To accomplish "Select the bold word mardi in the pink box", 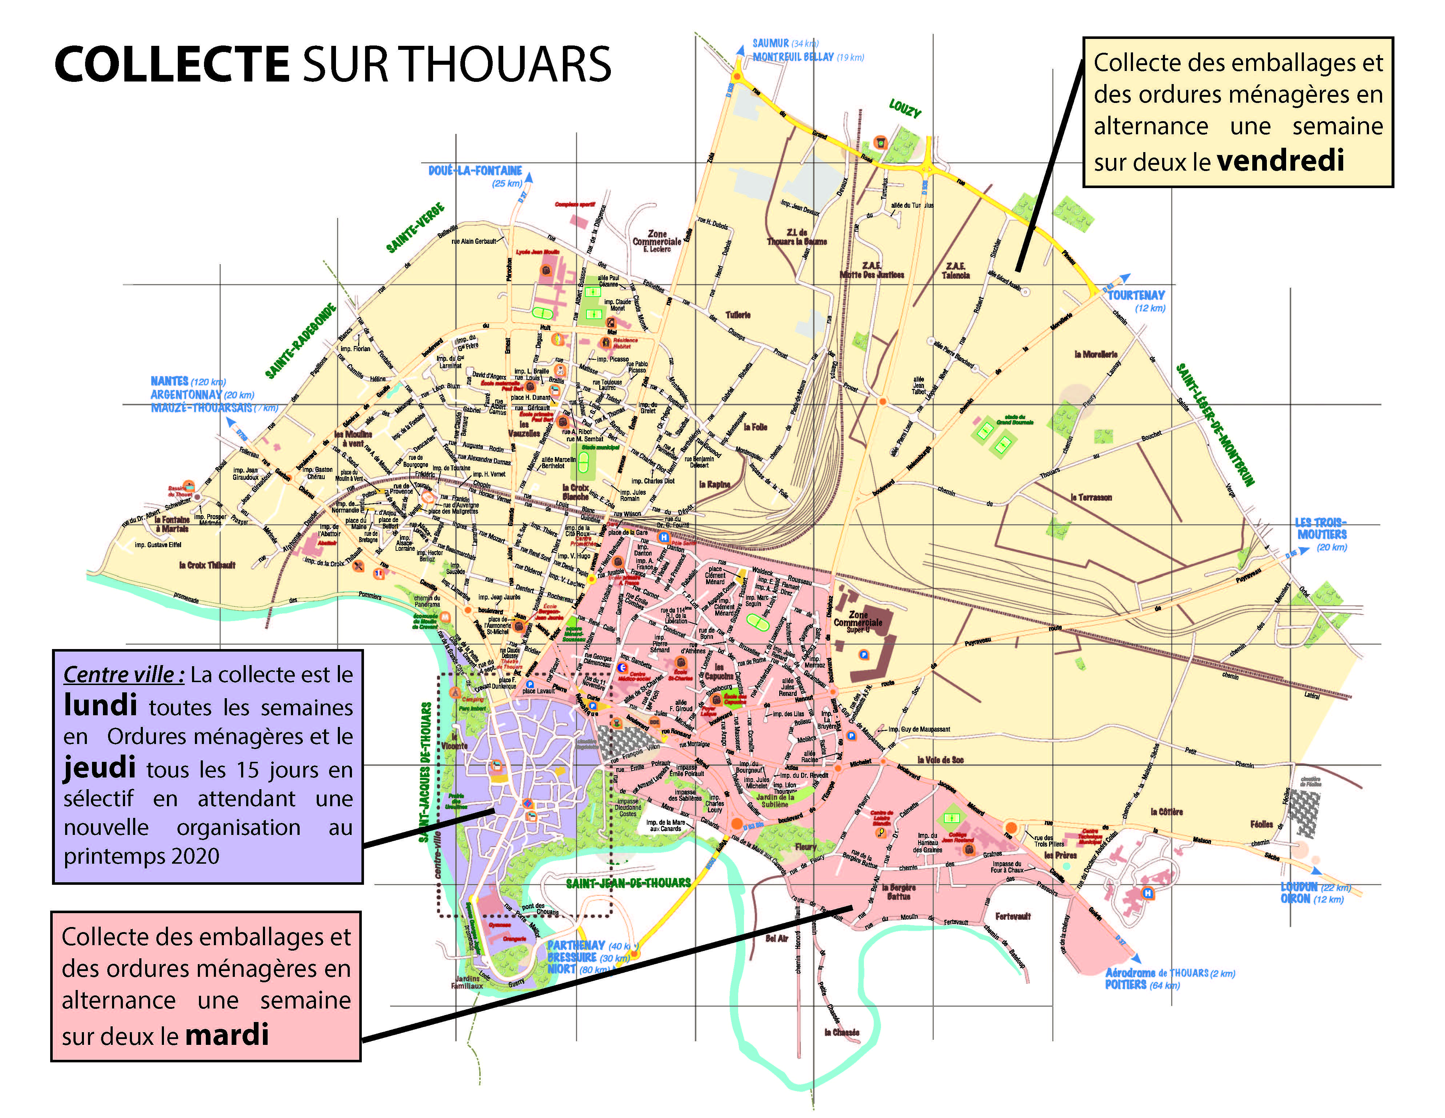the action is click(x=227, y=1034).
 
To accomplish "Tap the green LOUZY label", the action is click(x=904, y=108).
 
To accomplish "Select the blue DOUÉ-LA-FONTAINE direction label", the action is click(x=475, y=171).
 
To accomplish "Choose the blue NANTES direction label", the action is click(x=169, y=381).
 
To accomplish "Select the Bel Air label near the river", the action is click(x=777, y=938).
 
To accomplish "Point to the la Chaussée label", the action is click(x=842, y=1032).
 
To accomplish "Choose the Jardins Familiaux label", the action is click(x=467, y=982).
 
